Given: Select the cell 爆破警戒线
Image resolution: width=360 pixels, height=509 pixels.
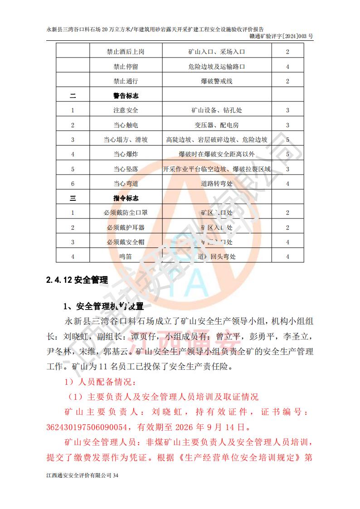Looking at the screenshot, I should [x=217, y=81].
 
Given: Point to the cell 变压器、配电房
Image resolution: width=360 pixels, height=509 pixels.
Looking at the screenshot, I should [x=217, y=125].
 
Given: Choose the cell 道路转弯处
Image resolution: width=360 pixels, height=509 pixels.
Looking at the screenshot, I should [x=217, y=184].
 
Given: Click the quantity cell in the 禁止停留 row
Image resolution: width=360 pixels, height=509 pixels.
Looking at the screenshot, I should [x=287, y=67].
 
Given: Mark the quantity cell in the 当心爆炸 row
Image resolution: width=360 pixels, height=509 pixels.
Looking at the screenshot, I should [x=287, y=155].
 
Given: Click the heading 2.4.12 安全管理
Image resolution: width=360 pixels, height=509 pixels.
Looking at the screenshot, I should [x=77, y=280].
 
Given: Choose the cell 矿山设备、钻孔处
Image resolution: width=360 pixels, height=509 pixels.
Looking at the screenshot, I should [x=217, y=111].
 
